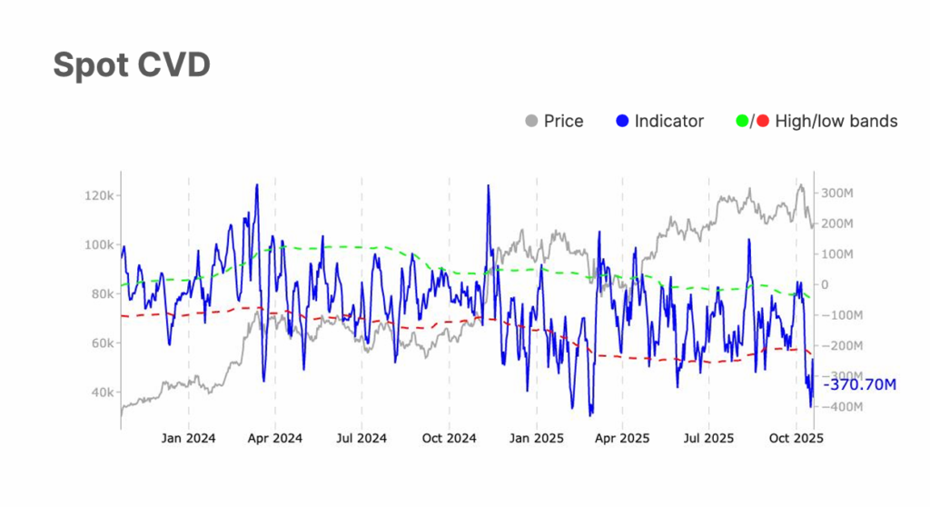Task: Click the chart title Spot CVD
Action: click(x=132, y=65)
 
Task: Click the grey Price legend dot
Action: click(x=531, y=121)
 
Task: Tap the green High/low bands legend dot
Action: click(x=742, y=121)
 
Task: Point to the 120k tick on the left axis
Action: click(x=98, y=195)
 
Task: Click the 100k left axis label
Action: click(x=98, y=245)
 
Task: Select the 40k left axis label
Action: click(x=101, y=393)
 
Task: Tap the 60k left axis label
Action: click(x=101, y=343)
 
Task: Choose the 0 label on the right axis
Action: click(x=825, y=284)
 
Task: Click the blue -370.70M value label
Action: click(x=858, y=385)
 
